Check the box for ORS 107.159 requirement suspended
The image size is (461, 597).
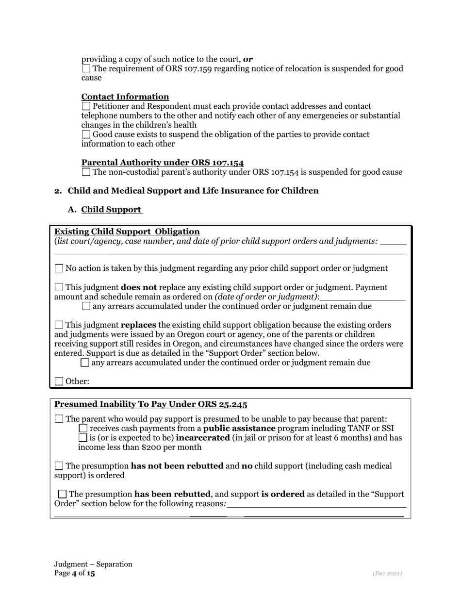tap(86, 68)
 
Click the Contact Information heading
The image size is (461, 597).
tap(125, 97)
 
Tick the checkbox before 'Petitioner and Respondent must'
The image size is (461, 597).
tap(86, 106)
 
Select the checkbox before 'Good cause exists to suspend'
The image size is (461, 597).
tap(86, 134)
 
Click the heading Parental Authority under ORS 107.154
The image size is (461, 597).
tap(163, 163)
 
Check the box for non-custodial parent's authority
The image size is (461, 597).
tap(86, 172)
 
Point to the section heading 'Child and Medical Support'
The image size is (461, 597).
tap(193, 191)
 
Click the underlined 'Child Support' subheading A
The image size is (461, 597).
tap(112, 210)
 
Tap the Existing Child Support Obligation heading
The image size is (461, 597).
tap(127, 232)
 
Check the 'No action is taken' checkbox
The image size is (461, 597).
tap(59, 268)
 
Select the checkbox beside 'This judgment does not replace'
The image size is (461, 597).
tap(59, 287)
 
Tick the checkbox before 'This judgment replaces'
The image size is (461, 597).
tap(59, 325)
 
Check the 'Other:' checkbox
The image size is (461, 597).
tap(59, 381)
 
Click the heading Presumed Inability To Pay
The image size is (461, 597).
tap(150, 404)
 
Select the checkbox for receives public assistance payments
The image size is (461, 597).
tap(83, 428)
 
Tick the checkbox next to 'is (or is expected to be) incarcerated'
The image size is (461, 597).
tap(83, 438)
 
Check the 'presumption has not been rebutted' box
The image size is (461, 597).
tap(59, 466)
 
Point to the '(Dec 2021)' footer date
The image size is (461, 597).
tap(387, 573)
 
